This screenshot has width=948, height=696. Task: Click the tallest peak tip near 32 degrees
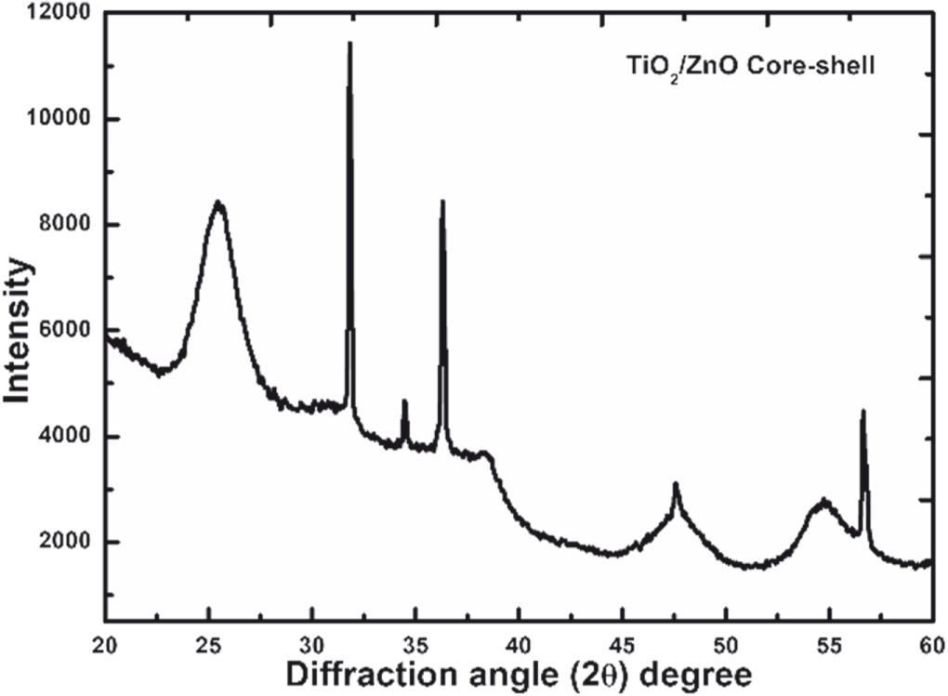(349, 43)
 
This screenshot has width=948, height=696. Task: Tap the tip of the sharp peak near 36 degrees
(442, 201)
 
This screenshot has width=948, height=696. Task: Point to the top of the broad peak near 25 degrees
(218, 203)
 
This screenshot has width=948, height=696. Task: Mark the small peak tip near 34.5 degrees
(404, 401)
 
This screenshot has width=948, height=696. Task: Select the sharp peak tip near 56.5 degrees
(862, 411)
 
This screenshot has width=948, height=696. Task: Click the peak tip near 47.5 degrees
(676, 484)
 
